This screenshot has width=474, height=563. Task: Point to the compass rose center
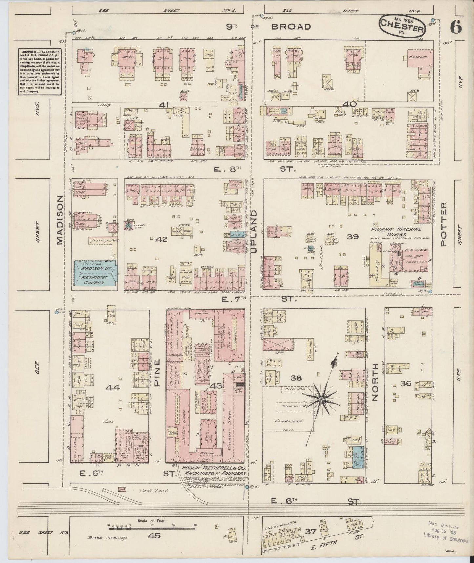(322, 399)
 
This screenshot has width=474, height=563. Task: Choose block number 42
(161, 240)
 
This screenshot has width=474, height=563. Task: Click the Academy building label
(419, 57)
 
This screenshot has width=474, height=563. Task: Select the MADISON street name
(60, 220)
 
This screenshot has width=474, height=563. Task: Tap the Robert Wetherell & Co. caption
(211, 471)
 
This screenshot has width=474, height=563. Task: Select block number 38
(297, 378)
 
